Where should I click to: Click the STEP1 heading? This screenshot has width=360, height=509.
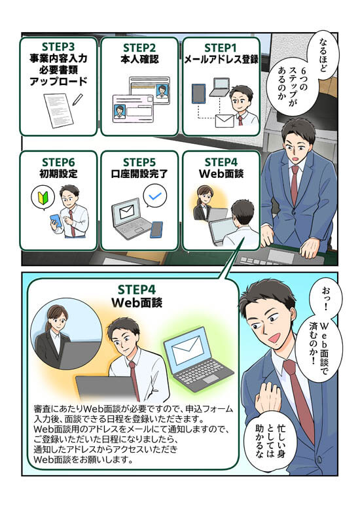(221, 48)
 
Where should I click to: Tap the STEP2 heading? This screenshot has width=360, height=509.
(139, 48)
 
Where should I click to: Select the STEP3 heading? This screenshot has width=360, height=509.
(58, 47)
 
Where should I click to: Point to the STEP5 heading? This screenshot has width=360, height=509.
(139, 162)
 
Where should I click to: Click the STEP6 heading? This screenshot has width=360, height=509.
(58, 162)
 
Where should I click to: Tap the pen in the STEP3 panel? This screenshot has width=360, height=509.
(78, 99)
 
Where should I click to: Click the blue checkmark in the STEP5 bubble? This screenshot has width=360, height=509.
(154, 196)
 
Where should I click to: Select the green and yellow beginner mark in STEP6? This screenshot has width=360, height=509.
(43, 198)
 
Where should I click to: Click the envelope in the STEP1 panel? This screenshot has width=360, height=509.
(225, 121)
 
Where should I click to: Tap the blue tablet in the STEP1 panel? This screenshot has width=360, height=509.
(198, 94)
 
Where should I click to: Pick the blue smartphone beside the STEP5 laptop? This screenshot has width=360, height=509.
(156, 230)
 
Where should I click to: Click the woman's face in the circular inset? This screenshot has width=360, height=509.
(56, 321)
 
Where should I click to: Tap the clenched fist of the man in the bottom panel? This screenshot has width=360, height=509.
(269, 395)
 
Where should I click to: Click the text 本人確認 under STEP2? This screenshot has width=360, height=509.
(139, 60)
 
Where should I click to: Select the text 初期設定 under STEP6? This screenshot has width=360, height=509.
(58, 173)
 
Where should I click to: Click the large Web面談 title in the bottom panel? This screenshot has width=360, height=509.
(137, 302)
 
